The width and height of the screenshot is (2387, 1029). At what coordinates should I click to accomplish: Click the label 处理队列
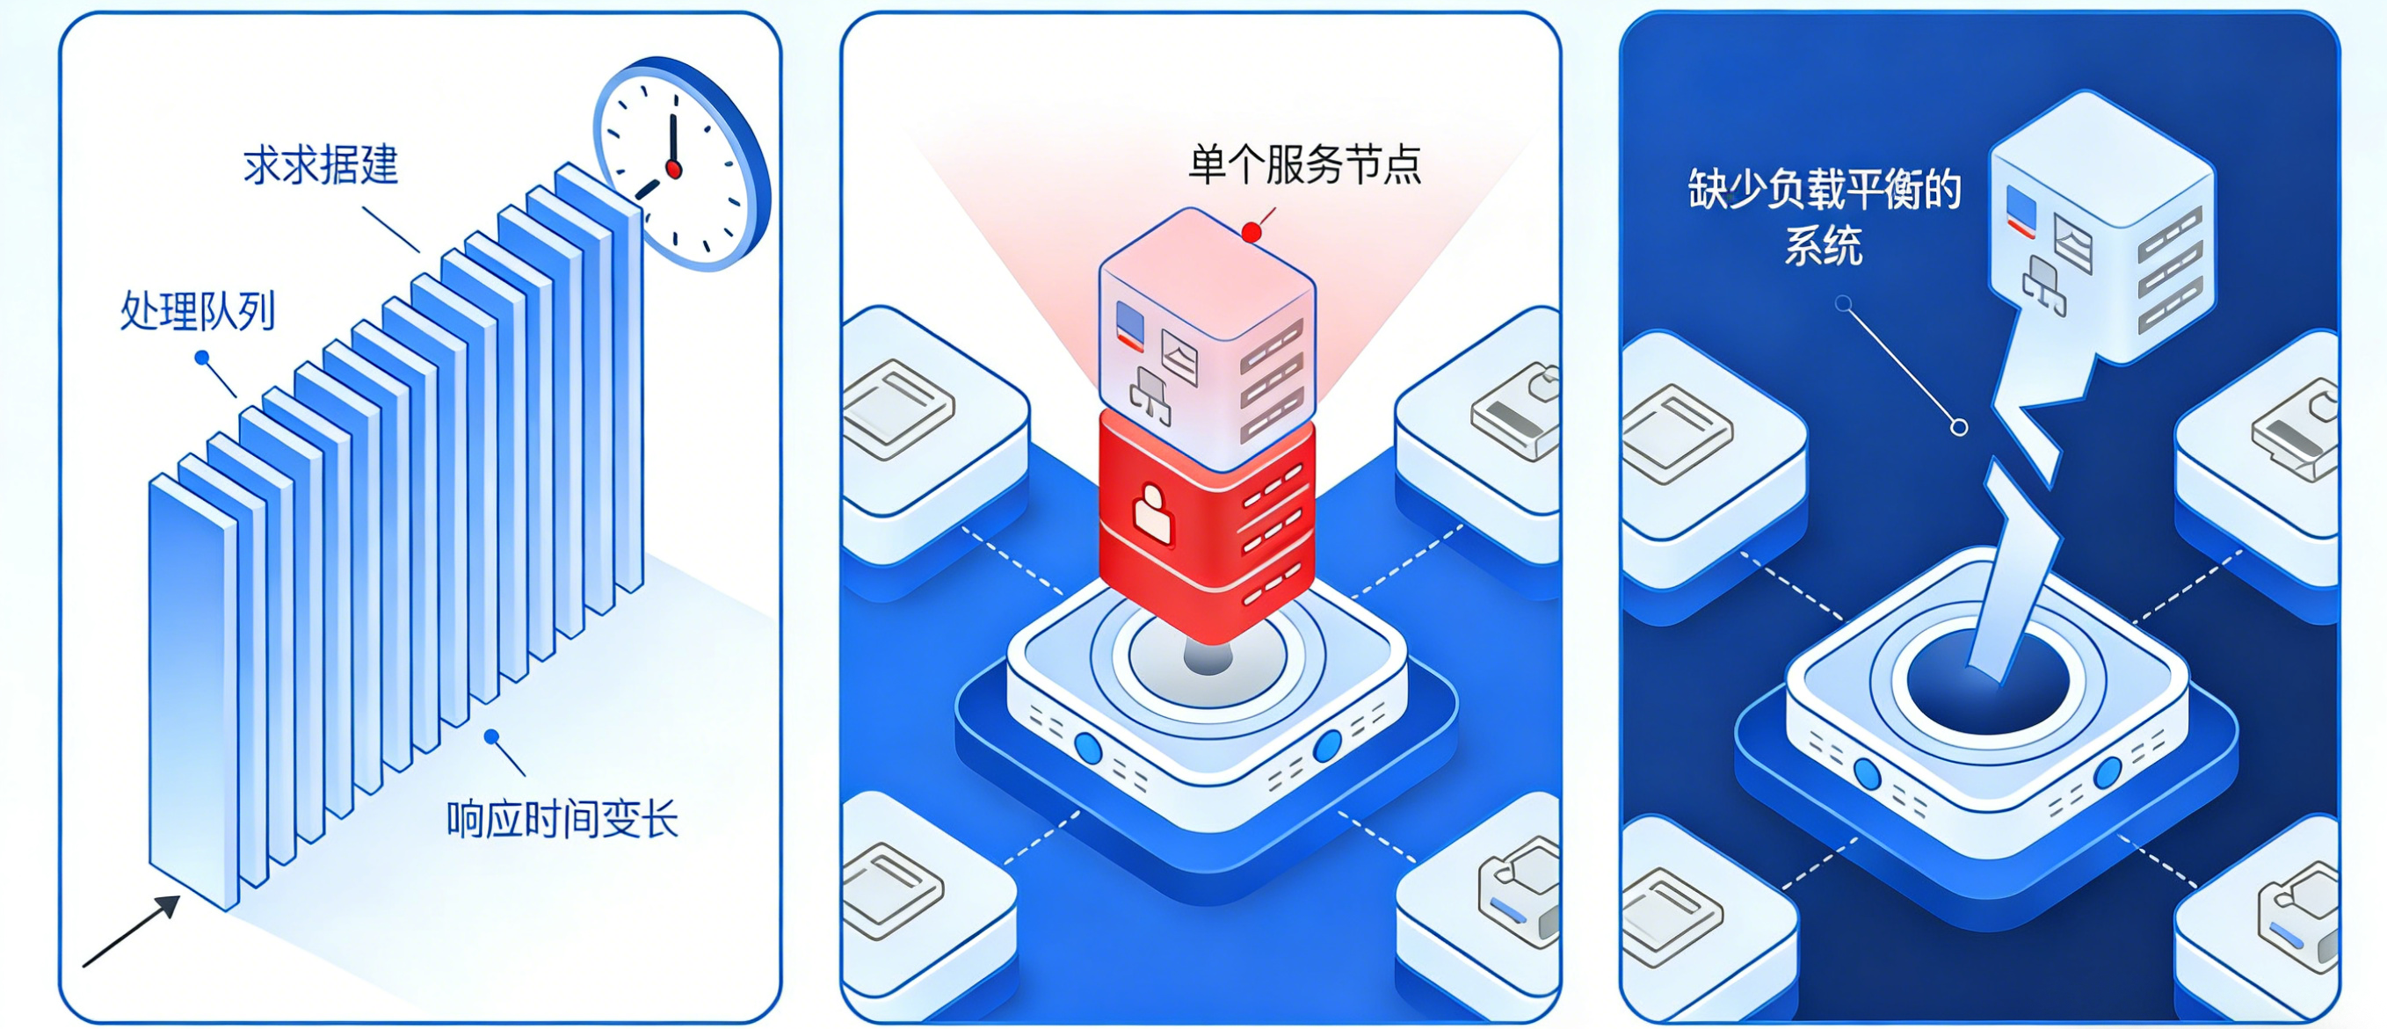pyautogui.click(x=198, y=311)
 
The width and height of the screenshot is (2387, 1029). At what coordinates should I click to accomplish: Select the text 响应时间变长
pyautogui.click(x=562, y=820)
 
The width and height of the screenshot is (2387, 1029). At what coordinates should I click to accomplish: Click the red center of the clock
pyautogui.click(x=674, y=170)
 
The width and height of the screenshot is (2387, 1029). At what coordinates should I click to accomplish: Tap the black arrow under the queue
pyautogui.click(x=132, y=931)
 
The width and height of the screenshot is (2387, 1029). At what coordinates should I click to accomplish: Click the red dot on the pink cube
pyautogui.click(x=1252, y=233)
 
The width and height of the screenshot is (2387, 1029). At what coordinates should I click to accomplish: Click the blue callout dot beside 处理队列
pyautogui.click(x=202, y=358)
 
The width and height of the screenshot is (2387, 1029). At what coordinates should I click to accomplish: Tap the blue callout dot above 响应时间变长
pyautogui.click(x=492, y=736)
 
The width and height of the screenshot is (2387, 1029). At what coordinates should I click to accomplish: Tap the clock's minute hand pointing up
pyautogui.click(x=674, y=139)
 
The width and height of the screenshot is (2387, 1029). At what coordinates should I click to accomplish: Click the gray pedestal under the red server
pyautogui.click(x=1208, y=656)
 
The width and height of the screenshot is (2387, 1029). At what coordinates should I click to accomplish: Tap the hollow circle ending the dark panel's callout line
pyautogui.click(x=1959, y=427)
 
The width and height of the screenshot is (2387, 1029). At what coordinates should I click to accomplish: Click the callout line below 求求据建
pyautogui.click(x=390, y=229)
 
